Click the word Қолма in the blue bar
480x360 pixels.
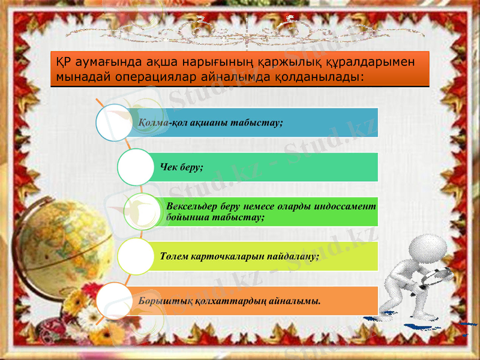pyautogui.click(x=154, y=122)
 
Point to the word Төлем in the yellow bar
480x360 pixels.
pyautogui.click(x=174, y=256)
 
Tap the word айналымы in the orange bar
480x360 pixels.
pyautogui.click(x=295, y=300)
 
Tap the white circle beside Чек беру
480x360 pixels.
pyautogui.click(x=136, y=167)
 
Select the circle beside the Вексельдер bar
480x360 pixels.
pyautogui.click(x=143, y=211)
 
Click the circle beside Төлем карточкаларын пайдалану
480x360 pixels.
pyautogui.click(x=136, y=256)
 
